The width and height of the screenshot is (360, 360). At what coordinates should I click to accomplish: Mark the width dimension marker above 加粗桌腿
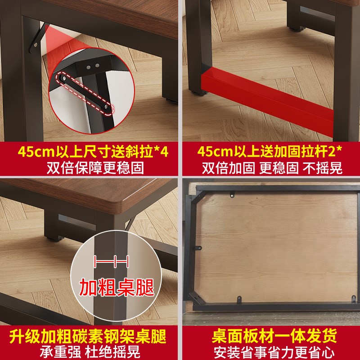(x=112, y=261)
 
